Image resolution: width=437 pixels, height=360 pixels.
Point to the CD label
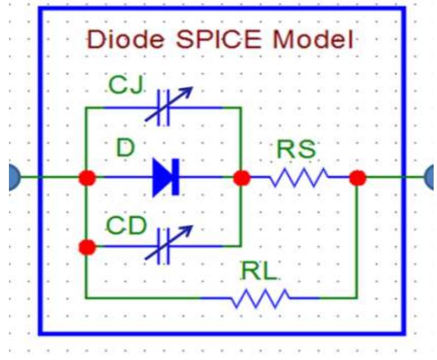point(127,225)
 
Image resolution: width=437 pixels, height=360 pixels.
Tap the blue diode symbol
point(166,178)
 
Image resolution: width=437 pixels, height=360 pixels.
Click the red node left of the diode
point(87,178)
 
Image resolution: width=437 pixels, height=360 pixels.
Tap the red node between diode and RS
point(241,178)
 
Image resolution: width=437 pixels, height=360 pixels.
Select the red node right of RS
point(357,178)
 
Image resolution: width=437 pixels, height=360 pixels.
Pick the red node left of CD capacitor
point(87,246)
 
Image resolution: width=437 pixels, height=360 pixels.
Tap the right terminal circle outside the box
point(431,178)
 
